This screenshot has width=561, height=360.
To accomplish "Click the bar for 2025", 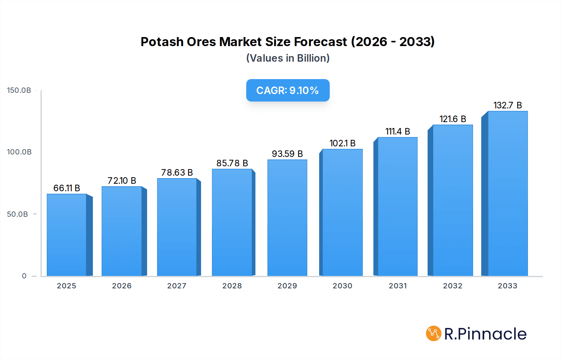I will pyautogui.click(x=67, y=235).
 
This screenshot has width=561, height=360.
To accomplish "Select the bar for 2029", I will pyautogui.click(x=287, y=218).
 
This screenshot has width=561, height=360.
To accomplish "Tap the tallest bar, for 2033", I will pyautogui.click(x=508, y=193).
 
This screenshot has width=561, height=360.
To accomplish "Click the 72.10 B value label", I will pyautogui.click(x=122, y=181).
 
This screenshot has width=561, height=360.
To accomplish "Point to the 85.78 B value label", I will pyautogui.click(x=232, y=163).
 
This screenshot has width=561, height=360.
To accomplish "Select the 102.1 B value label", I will pyautogui.click(x=343, y=143).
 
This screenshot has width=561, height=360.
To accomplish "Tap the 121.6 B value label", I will pyautogui.click(x=453, y=119).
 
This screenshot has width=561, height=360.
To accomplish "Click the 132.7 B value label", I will pyautogui.click(x=508, y=105).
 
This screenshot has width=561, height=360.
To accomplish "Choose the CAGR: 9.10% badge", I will pyautogui.click(x=288, y=90).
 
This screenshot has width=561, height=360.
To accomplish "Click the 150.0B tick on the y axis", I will pyautogui.click(x=19, y=90).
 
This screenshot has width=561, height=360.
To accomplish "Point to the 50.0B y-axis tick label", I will pyautogui.click(x=17, y=214).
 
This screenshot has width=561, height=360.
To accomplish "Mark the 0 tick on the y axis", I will pyautogui.click(x=24, y=276).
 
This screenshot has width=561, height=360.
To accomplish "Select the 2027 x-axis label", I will pyautogui.click(x=177, y=286).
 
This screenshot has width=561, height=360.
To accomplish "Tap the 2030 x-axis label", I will pyautogui.click(x=343, y=286).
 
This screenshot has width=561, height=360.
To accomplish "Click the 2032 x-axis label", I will pyautogui.click(x=453, y=286).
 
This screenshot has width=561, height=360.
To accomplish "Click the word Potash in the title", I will pyautogui.click(x=162, y=42).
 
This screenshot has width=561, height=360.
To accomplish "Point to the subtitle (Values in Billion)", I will pyautogui.click(x=288, y=58).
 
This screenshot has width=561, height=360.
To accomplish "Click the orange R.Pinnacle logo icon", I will pyautogui.click(x=434, y=334).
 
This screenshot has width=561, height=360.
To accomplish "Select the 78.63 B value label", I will pyautogui.click(x=177, y=173).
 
